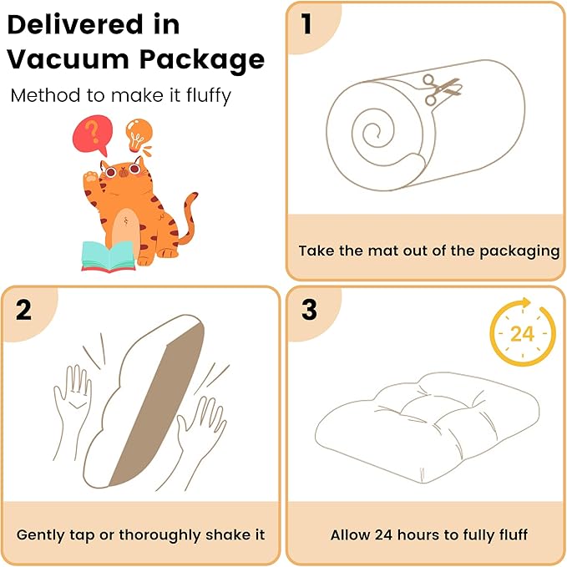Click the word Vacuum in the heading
click(68, 59)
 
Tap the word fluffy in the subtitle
click(209, 96)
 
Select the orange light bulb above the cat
click(139, 135)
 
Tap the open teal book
click(108, 256)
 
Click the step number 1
click(306, 24)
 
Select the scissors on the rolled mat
click(442, 89)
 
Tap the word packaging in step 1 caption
click(519, 251)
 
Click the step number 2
click(23, 310)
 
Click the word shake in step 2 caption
click(223, 534)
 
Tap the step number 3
click(309, 310)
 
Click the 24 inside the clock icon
click(522, 334)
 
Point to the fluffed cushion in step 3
click(428, 427)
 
